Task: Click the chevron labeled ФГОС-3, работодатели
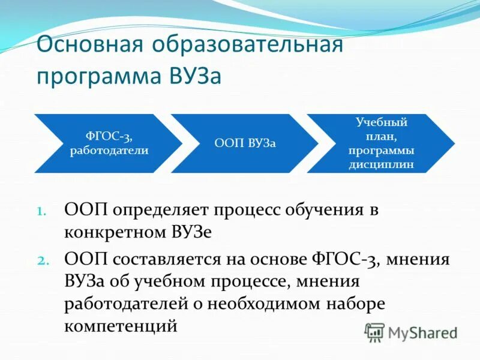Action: [108, 143]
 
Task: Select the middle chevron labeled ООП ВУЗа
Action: [245, 143]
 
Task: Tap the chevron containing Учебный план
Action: [380, 143]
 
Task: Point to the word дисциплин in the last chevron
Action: [381, 164]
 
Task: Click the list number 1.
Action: [41, 211]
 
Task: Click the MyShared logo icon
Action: [374, 331]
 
